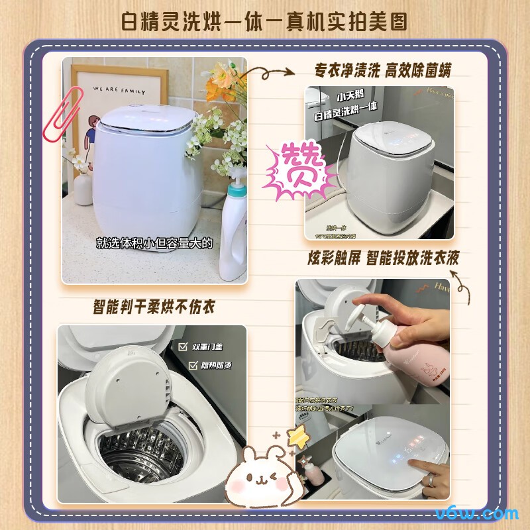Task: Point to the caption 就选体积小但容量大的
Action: [x=155, y=244]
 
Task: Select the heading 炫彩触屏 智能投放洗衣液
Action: [x=383, y=258]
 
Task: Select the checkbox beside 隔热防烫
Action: [x=193, y=365]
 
